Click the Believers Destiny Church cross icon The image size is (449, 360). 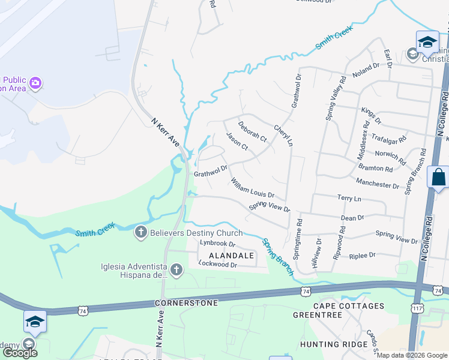(141, 232)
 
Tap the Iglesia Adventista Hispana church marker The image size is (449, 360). (176, 271)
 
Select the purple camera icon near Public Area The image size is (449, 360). (35, 83)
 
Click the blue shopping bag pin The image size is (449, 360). (438, 178)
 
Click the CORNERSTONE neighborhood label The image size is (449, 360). (187, 303)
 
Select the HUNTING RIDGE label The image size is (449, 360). (334, 344)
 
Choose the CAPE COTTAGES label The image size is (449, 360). (348, 306)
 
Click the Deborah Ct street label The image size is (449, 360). (252, 132)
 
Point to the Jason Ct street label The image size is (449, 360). (237, 142)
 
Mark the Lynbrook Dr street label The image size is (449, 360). (218, 244)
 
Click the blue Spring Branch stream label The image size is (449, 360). (277, 256)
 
